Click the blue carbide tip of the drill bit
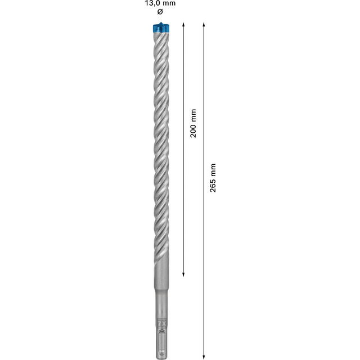tap(161, 28)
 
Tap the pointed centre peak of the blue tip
tap(161, 22)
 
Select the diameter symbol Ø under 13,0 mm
tap(160, 12)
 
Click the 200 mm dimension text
tap(193, 123)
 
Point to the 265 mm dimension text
tap(213, 178)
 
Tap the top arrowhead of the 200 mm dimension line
tap(183, 24)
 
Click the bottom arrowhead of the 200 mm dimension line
tap(183, 274)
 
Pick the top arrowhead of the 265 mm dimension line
tap(204, 24)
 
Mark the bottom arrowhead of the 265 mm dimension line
tap(204, 357)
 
